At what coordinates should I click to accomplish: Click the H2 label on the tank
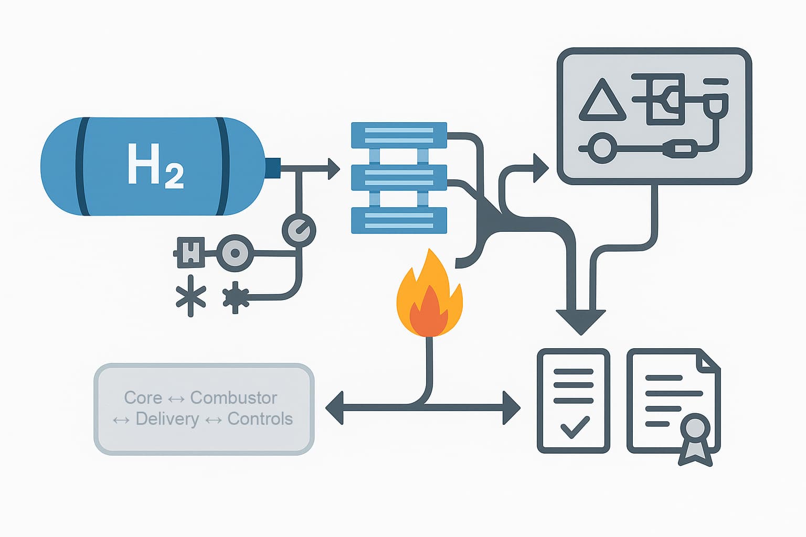tap(155, 165)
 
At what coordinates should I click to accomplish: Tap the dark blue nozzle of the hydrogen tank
tap(272, 167)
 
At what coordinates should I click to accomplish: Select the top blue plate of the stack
tap(399, 135)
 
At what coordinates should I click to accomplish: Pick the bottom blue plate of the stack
tap(399, 220)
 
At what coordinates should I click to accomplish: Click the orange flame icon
tap(430, 297)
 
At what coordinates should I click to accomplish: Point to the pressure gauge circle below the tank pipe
tap(299, 230)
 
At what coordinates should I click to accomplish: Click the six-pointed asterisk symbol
tap(190, 296)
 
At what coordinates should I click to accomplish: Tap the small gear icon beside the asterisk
tap(235, 297)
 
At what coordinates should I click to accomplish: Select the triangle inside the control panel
tap(602, 101)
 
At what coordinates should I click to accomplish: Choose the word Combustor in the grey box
tap(234, 398)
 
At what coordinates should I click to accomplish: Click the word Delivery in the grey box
tap(167, 419)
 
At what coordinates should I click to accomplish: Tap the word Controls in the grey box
tap(260, 419)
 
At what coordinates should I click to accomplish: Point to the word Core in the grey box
tap(143, 398)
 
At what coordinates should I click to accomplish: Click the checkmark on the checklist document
tap(575, 427)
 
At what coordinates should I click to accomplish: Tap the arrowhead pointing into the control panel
tap(540, 168)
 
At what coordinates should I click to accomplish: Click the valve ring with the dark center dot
tap(235, 253)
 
